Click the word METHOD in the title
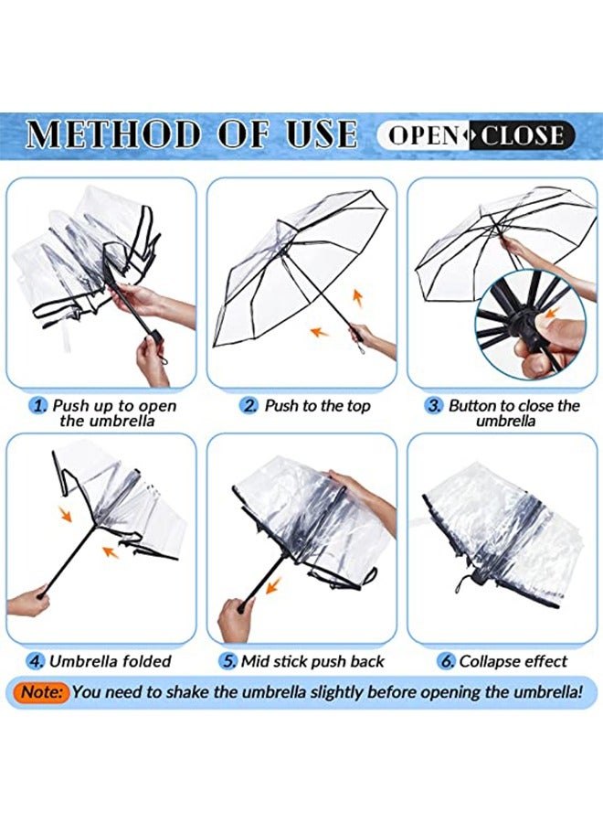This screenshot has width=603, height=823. [x=113, y=134]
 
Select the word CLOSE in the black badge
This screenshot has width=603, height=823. [x=523, y=135]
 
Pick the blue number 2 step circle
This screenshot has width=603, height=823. [x=249, y=406]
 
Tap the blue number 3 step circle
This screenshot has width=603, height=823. [x=433, y=406]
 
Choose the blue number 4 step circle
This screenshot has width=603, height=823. [x=36, y=661]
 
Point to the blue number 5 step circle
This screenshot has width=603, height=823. [x=229, y=661]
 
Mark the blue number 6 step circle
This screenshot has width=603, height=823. [x=446, y=661]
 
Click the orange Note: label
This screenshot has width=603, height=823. [x=44, y=692]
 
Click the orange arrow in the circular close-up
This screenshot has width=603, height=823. [x=550, y=313]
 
